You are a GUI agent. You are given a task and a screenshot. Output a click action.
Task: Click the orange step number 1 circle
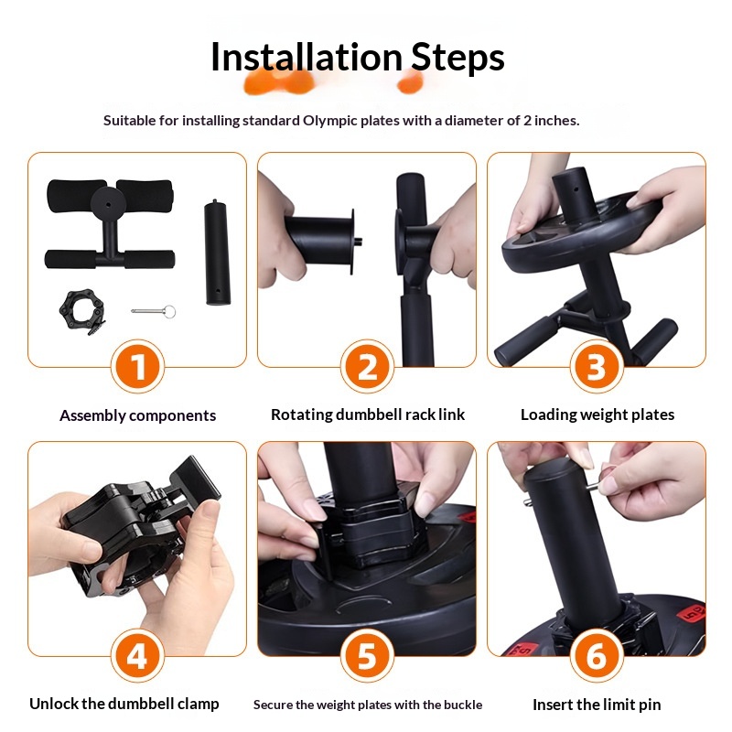138,367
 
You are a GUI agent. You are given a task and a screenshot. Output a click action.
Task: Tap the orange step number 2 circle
368,367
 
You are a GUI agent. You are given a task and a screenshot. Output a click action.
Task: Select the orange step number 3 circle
597,367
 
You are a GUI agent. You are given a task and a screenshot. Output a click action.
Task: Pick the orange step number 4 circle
138,655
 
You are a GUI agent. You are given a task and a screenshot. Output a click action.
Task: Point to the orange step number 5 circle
368,655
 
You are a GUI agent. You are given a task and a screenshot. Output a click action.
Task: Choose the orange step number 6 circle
597,655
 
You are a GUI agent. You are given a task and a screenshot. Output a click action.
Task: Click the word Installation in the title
307,57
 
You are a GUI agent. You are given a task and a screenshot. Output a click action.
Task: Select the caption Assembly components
138,415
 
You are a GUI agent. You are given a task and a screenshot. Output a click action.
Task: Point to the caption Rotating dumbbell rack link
368,414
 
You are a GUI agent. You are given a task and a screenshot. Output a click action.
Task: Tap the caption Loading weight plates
597,414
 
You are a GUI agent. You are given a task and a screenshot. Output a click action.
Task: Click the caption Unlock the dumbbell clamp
124,704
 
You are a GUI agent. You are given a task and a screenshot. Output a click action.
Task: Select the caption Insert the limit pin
597,705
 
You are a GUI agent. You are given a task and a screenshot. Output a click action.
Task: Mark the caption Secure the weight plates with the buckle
368,705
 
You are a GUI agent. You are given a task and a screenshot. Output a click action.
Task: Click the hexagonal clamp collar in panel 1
82,311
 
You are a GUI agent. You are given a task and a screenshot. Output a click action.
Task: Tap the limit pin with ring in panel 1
154,311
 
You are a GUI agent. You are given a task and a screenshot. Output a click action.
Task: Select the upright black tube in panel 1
218,253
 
